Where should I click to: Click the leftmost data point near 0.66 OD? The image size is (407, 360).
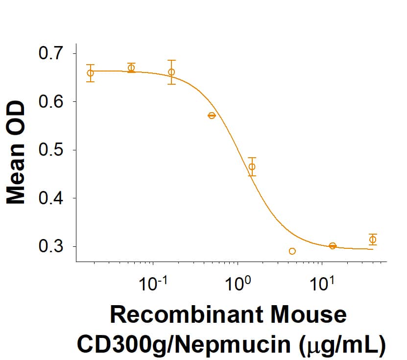coord(90,73)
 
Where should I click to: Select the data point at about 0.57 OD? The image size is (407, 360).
coord(212,116)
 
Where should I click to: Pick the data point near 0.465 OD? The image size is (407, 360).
coord(252,167)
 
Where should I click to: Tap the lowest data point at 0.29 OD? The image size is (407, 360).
coord(292,251)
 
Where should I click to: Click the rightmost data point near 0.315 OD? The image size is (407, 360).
coord(373,240)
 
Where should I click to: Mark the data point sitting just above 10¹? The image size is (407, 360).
coord(333,246)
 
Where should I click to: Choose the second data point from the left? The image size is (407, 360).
coord(131,68)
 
